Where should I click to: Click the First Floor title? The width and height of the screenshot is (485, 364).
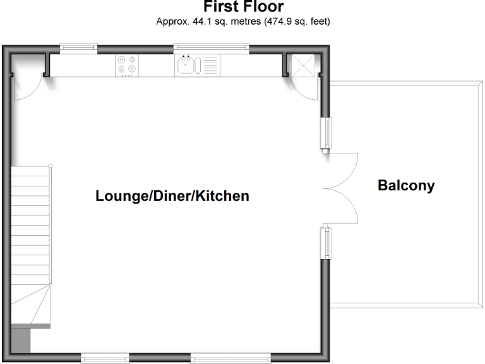coord(243,7)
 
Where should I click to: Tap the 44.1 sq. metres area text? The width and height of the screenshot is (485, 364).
coord(243,21)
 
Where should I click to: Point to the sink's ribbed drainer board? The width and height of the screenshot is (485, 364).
coord(210,66)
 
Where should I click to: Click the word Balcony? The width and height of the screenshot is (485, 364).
coord(406,186)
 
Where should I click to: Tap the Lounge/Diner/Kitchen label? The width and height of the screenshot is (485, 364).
coord(172,196)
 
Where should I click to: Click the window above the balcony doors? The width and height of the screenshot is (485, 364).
coord(326,133)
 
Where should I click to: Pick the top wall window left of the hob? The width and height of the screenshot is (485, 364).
coord(78,46)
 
